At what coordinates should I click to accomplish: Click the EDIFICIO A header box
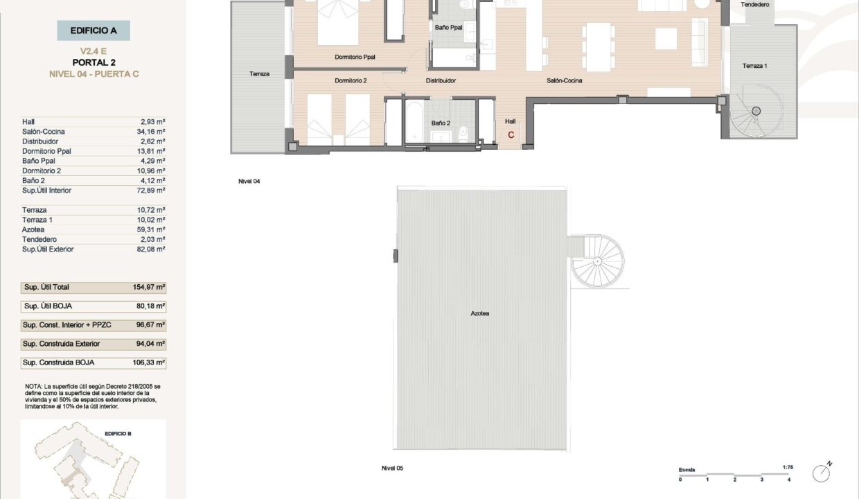point(94,30)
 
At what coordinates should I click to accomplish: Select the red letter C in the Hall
point(511,135)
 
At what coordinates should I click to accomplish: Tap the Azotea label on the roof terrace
point(480,313)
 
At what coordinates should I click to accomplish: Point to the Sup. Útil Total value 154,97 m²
point(149,287)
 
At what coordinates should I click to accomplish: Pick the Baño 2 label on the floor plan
point(441,123)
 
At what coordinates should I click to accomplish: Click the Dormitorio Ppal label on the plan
point(355,57)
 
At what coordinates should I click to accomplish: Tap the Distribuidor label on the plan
point(441,80)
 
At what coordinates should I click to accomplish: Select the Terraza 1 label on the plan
point(754,66)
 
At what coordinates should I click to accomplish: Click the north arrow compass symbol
point(822,472)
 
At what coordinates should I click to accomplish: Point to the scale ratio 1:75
point(788,467)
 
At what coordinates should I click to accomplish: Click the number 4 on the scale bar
point(789,480)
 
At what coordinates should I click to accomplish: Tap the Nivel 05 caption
point(392,468)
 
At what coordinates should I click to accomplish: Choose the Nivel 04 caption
point(249,181)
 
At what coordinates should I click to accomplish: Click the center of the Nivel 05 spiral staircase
point(597,261)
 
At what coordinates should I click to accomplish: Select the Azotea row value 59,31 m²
point(151,229)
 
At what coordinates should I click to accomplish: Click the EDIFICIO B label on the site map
point(118,434)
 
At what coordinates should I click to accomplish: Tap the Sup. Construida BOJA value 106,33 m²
point(149,362)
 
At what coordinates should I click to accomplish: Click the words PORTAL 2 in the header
point(94,62)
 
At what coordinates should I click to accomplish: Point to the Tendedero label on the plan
point(754,5)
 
